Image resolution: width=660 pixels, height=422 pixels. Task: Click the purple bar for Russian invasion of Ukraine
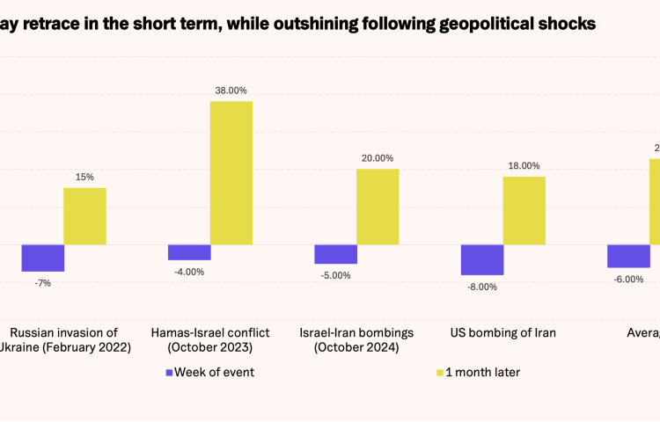42,258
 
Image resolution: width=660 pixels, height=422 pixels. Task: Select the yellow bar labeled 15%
84,215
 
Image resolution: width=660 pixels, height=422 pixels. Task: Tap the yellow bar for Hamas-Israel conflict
231,172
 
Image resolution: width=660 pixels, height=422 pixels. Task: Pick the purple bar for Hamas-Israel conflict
189,252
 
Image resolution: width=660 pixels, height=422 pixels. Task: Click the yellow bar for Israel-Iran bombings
378,207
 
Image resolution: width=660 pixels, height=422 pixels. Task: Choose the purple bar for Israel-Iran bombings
336,254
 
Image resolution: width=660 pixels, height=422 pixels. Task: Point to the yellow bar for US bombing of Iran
524,210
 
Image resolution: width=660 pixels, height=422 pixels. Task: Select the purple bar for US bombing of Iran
482,259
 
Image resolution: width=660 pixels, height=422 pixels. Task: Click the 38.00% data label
231,90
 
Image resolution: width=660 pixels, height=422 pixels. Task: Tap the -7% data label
42,282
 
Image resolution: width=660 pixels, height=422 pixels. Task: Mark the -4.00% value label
189,272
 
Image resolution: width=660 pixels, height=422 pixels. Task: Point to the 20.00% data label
378,158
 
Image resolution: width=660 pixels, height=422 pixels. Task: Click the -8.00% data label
482,287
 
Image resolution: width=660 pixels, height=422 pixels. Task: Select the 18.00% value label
524,165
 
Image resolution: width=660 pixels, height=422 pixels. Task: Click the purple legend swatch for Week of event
168,372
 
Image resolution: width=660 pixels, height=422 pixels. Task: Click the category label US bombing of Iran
502,332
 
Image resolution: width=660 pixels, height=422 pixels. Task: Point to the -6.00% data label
629,279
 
